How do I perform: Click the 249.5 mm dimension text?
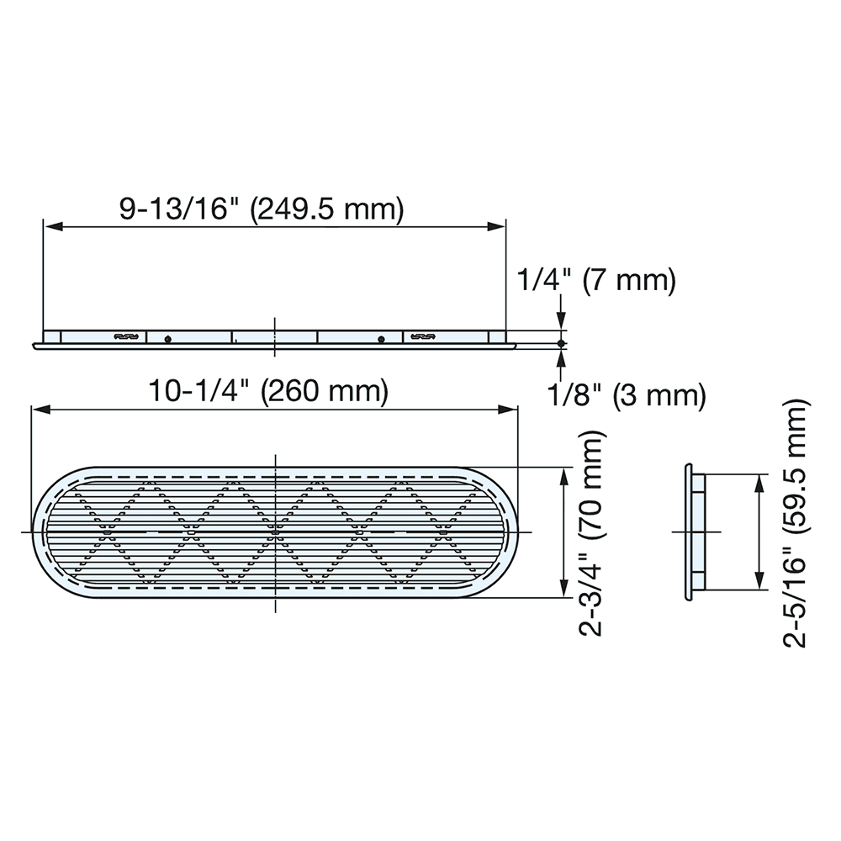tap(329, 209)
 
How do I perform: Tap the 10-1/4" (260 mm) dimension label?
tap(268, 391)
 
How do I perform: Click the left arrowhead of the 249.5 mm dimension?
tap(50, 226)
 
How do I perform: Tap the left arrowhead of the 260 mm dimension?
tap(39, 410)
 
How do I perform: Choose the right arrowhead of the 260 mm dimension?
tap(510, 410)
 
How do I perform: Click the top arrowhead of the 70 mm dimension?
tap(563, 473)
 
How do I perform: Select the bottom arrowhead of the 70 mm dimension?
tap(563, 590)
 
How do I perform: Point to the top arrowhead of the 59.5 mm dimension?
tap(759, 482)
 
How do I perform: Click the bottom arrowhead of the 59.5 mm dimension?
tap(759, 583)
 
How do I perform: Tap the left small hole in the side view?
tap(168, 338)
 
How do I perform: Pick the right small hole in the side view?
tap(382, 338)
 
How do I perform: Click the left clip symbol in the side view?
tap(124, 337)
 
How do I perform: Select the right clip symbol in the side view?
tap(423, 337)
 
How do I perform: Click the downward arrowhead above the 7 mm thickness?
tap(561, 324)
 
